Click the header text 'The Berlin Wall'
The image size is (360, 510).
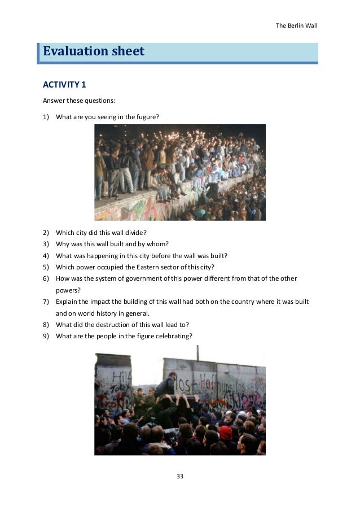(296, 25)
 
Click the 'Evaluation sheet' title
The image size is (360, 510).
(94, 52)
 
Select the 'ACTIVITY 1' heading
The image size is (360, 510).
(64, 85)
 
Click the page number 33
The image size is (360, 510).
(180, 477)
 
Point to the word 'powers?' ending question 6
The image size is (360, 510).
(67, 290)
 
